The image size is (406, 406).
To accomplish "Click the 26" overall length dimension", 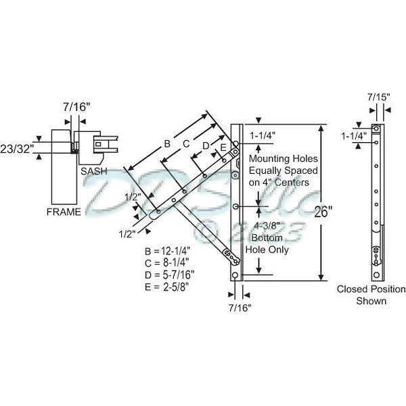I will tap(323, 211).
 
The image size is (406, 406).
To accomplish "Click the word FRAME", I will tap(64, 212).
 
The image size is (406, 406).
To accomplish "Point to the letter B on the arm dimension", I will tap(166, 143).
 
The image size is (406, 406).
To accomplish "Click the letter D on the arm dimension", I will tap(206, 145).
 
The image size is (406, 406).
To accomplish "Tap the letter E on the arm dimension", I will tap(223, 147).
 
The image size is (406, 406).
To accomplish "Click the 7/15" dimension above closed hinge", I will tap(378, 97).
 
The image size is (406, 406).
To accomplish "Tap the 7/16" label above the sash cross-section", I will tap(76, 106).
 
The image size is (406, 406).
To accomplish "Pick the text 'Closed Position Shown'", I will tap(371, 294).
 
